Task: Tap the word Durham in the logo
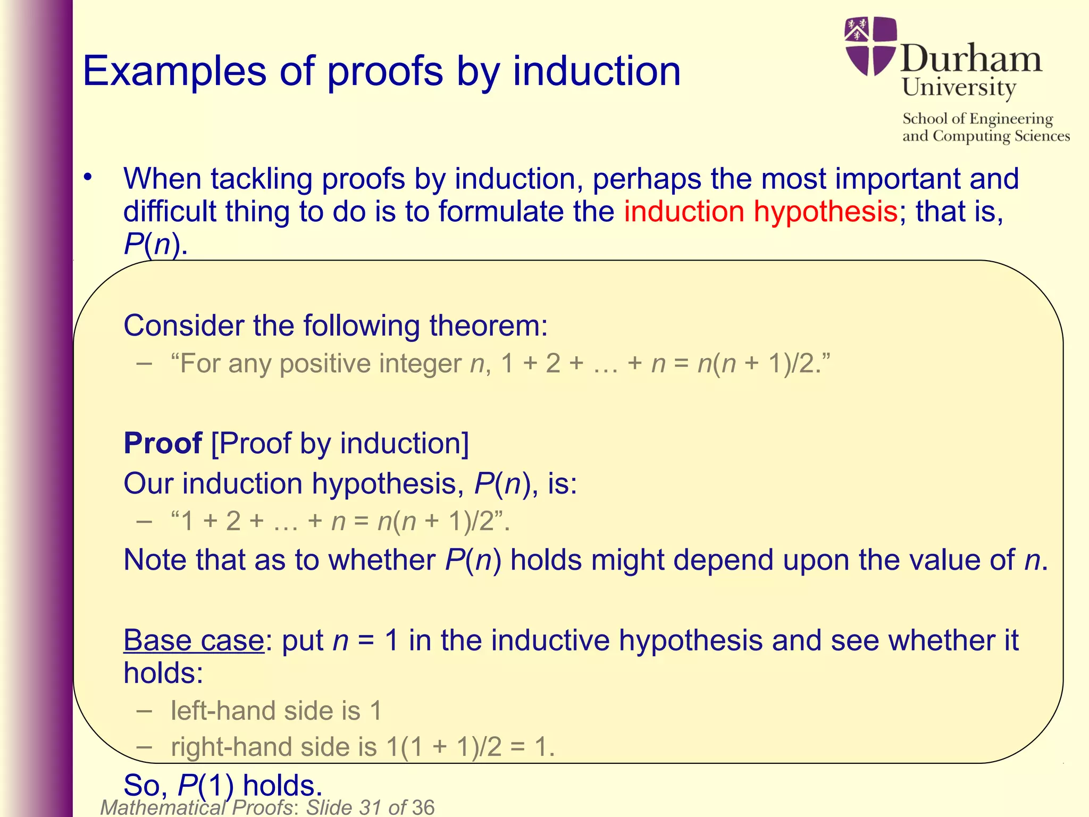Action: click(x=971, y=59)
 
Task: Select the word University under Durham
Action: click(x=959, y=88)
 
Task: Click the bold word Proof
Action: click(x=163, y=443)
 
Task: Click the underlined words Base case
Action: click(x=194, y=640)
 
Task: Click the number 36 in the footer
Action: click(x=423, y=807)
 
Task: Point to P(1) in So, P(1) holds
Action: click(x=205, y=785)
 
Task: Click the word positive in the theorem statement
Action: click(x=325, y=364)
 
